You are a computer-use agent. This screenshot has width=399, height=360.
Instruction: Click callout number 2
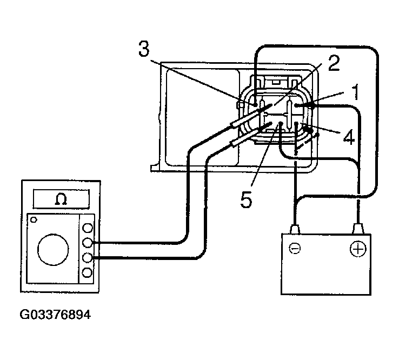pos(334,64)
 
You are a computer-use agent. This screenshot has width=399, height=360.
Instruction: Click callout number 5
pos(246,200)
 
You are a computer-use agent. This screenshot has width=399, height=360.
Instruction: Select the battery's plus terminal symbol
pos(357,249)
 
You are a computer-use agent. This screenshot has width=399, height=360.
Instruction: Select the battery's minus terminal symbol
pos(294,249)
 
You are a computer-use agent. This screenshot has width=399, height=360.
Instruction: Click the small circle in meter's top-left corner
pos(34,220)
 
